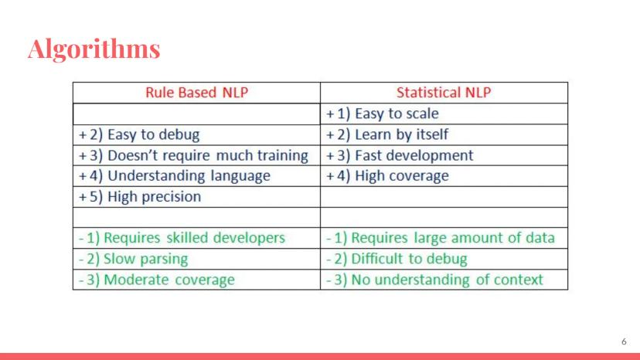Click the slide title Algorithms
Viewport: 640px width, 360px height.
point(94,49)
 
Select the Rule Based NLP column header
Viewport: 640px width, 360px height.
point(197,92)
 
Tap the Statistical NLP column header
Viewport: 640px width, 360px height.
point(444,92)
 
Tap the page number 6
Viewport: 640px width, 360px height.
point(624,341)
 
